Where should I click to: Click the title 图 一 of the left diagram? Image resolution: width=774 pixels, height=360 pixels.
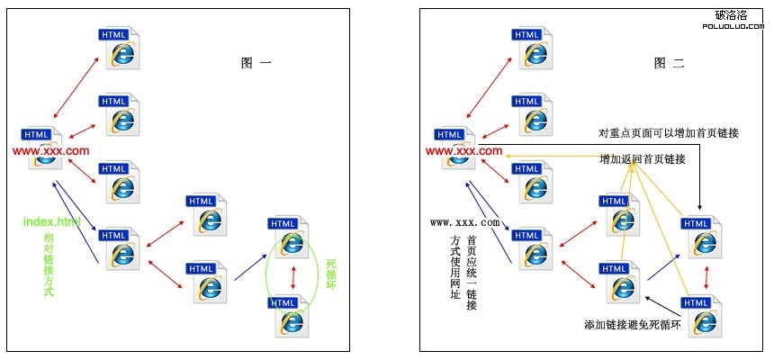(x=256, y=63)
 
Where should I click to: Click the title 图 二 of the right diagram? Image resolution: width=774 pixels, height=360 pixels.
(x=670, y=63)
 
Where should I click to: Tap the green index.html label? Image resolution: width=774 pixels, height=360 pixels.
(x=52, y=221)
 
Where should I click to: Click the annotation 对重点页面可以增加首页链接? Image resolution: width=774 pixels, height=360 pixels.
(x=669, y=133)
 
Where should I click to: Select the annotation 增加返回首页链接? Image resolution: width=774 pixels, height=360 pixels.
(x=643, y=159)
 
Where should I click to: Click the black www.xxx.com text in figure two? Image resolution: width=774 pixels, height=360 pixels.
(x=464, y=222)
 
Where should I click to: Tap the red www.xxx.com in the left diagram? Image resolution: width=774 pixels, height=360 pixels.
(x=51, y=151)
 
